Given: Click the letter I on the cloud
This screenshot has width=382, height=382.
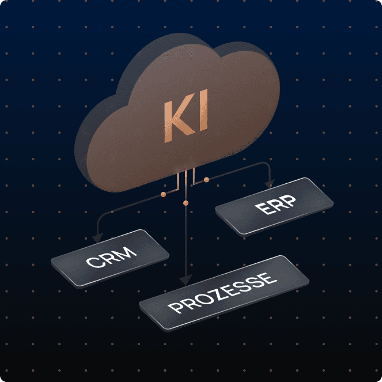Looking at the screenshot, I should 202,115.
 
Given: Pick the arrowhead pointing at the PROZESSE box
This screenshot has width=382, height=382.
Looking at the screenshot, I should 185,281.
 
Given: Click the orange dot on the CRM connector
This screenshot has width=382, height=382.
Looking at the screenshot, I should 163,195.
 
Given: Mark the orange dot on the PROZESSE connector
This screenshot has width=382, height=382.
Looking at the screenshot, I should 185,203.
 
